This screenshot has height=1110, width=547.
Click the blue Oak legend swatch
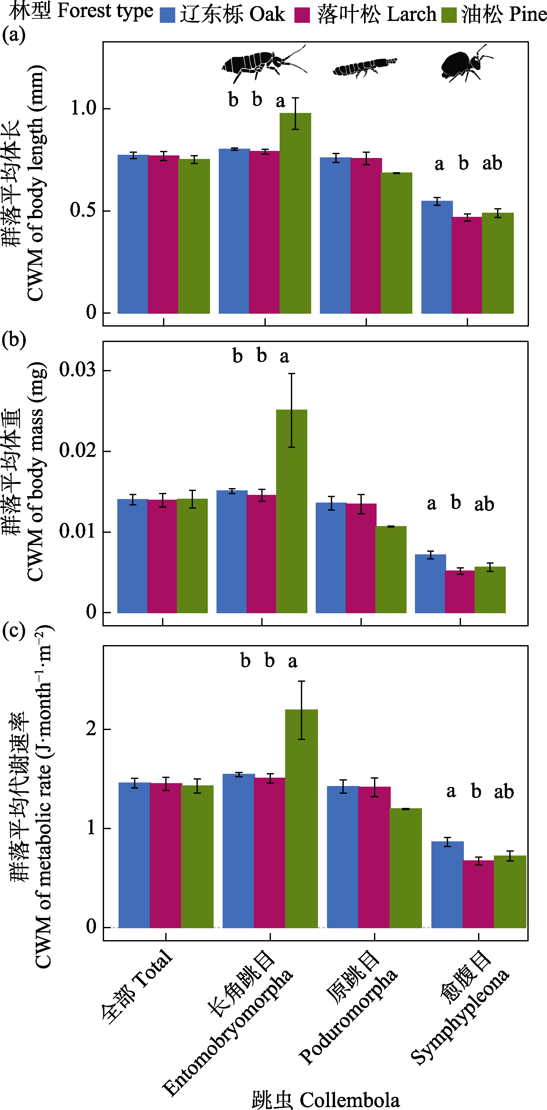(x=168, y=15)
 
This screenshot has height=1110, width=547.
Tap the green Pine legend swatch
(x=449, y=15)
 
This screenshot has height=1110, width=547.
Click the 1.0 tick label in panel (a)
(x=84, y=108)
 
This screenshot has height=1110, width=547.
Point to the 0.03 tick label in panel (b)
(x=78, y=370)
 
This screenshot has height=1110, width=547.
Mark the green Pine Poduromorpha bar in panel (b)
(x=391, y=569)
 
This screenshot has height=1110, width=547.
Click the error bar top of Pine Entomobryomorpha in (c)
(x=302, y=681)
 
